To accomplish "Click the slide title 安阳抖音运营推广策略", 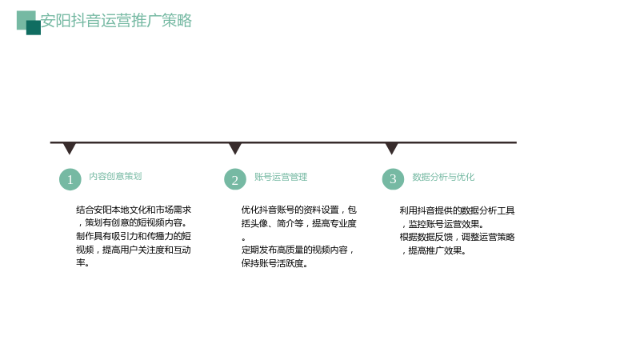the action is click(116, 21).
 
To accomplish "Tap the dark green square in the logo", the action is click(34, 28).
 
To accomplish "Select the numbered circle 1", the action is click(70, 179).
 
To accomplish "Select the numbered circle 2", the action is click(235, 179).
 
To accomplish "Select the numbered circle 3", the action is click(393, 178).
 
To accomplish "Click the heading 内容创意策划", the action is click(115, 176).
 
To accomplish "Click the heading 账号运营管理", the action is click(281, 177).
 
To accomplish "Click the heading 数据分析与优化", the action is click(443, 177).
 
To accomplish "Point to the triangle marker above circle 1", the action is click(70, 148).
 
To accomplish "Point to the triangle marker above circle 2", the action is click(235, 148).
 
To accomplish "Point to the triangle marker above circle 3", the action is click(392, 148).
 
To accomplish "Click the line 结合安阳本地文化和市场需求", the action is click(134, 210).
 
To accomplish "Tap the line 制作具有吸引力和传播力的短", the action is click(134, 236).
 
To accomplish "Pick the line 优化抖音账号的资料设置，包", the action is click(299, 210).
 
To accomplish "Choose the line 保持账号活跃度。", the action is click(274, 263).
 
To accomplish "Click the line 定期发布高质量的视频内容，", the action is click(298, 250).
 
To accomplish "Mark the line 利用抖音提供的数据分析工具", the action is click(457, 210).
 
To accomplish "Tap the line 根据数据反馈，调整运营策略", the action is click(457, 237).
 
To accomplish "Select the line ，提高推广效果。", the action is click(434, 250).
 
